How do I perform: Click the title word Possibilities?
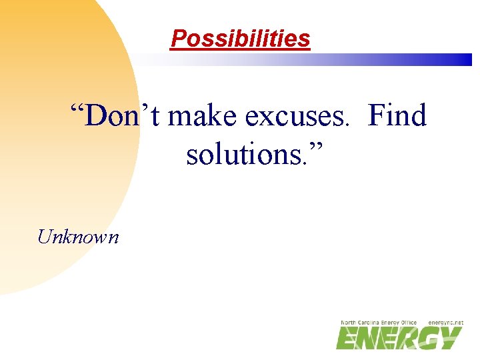click(x=240, y=39)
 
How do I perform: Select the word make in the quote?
click(x=203, y=117)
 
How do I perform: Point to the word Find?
click(x=397, y=117)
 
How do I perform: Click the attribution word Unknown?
click(x=79, y=236)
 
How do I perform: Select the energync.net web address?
click(x=445, y=323)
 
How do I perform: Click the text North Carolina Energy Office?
click(x=379, y=323)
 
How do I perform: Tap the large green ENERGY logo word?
click(x=399, y=339)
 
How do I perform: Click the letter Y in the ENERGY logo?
click(x=450, y=339)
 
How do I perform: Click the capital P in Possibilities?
click(x=178, y=39)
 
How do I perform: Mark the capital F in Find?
click(x=377, y=117)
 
